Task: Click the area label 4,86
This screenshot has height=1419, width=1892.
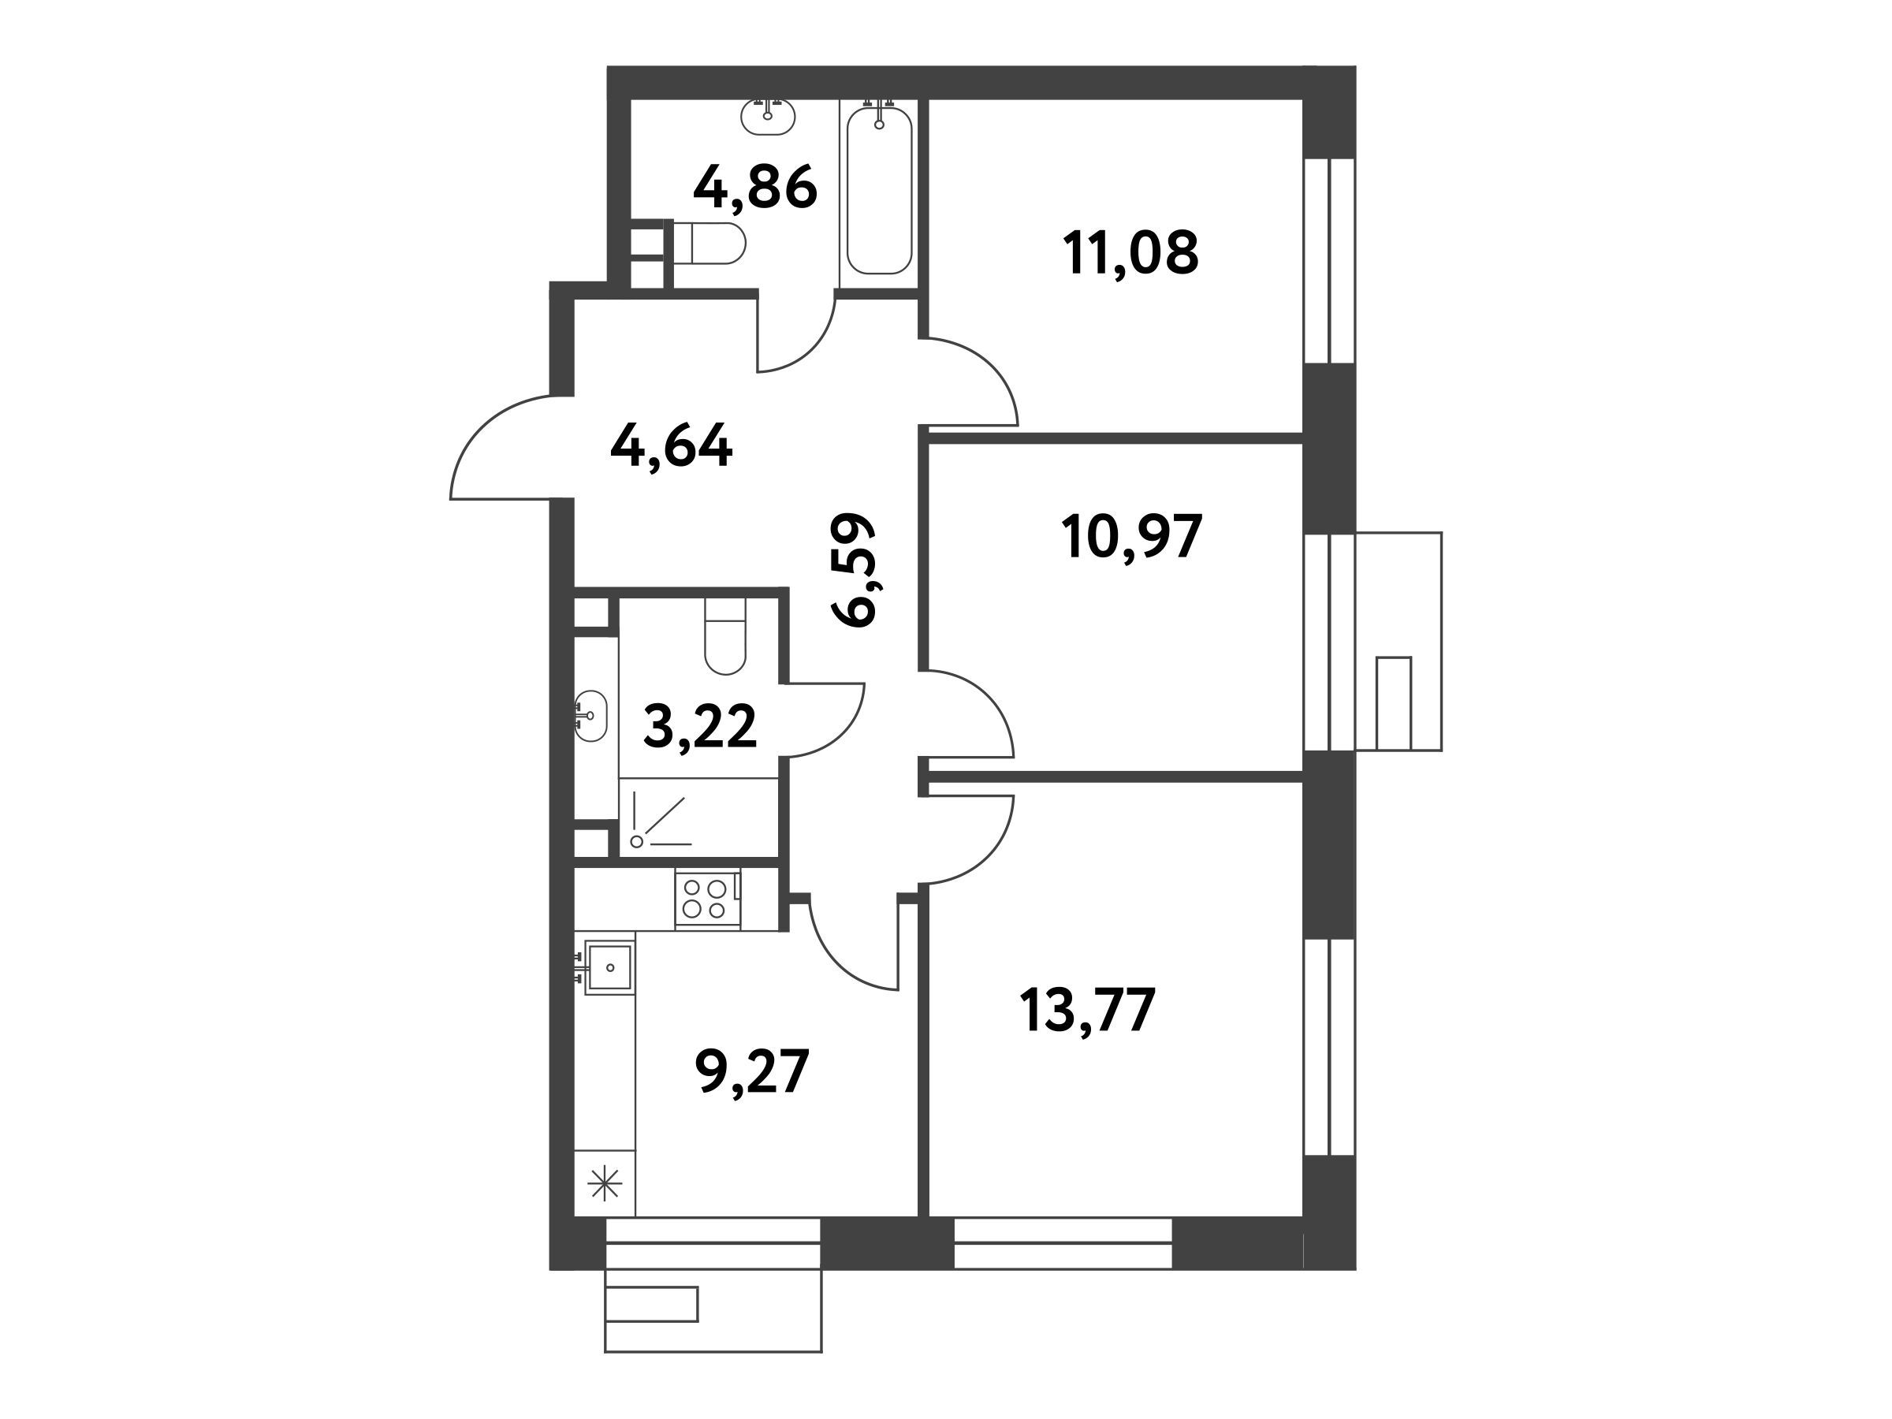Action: (x=755, y=190)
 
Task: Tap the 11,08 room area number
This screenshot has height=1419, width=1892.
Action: (x=1130, y=252)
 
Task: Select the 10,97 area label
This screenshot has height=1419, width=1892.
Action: (x=1130, y=537)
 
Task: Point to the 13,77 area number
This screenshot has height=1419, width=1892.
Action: (x=1088, y=1010)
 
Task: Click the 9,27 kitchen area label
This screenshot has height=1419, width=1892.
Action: (x=753, y=1073)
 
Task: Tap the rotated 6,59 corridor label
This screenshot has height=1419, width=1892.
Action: (x=854, y=570)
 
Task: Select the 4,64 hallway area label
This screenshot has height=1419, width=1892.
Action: (x=672, y=445)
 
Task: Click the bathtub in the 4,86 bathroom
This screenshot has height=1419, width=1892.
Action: (x=879, y=188)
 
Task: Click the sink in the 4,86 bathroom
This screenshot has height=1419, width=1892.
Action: (x=769, y=117)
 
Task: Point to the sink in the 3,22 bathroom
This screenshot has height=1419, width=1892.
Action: (x=590, y=716)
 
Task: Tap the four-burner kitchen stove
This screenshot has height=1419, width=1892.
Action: (x=707, y=898)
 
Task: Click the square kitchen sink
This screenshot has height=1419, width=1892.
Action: (x=609, y=967)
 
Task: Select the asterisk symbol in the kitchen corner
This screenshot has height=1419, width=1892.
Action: (x=605, y=1185)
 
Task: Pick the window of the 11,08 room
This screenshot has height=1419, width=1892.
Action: (x=1329, y=261)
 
